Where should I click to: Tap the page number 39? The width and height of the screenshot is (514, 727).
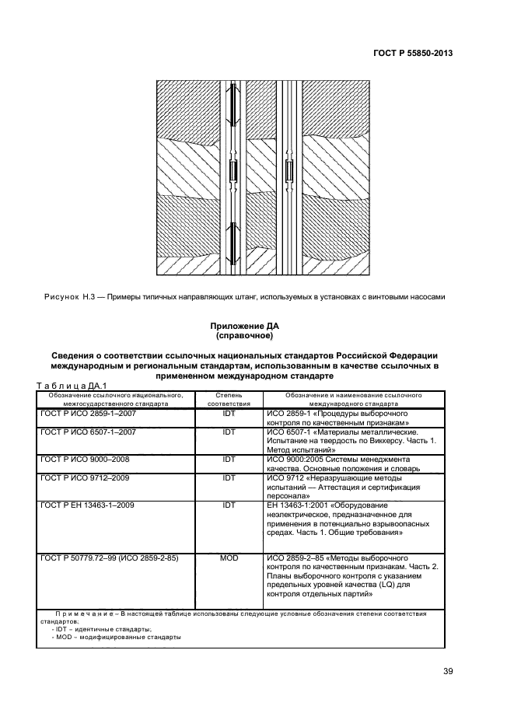click(448, 672)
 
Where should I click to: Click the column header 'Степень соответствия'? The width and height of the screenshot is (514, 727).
click(229, 400)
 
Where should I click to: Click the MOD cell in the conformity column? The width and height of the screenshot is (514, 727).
click(229, 558)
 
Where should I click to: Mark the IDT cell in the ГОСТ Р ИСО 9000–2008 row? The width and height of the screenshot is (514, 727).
click(229, 460)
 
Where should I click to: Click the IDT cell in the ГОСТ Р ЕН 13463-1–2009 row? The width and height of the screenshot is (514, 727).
click(229, 505)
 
